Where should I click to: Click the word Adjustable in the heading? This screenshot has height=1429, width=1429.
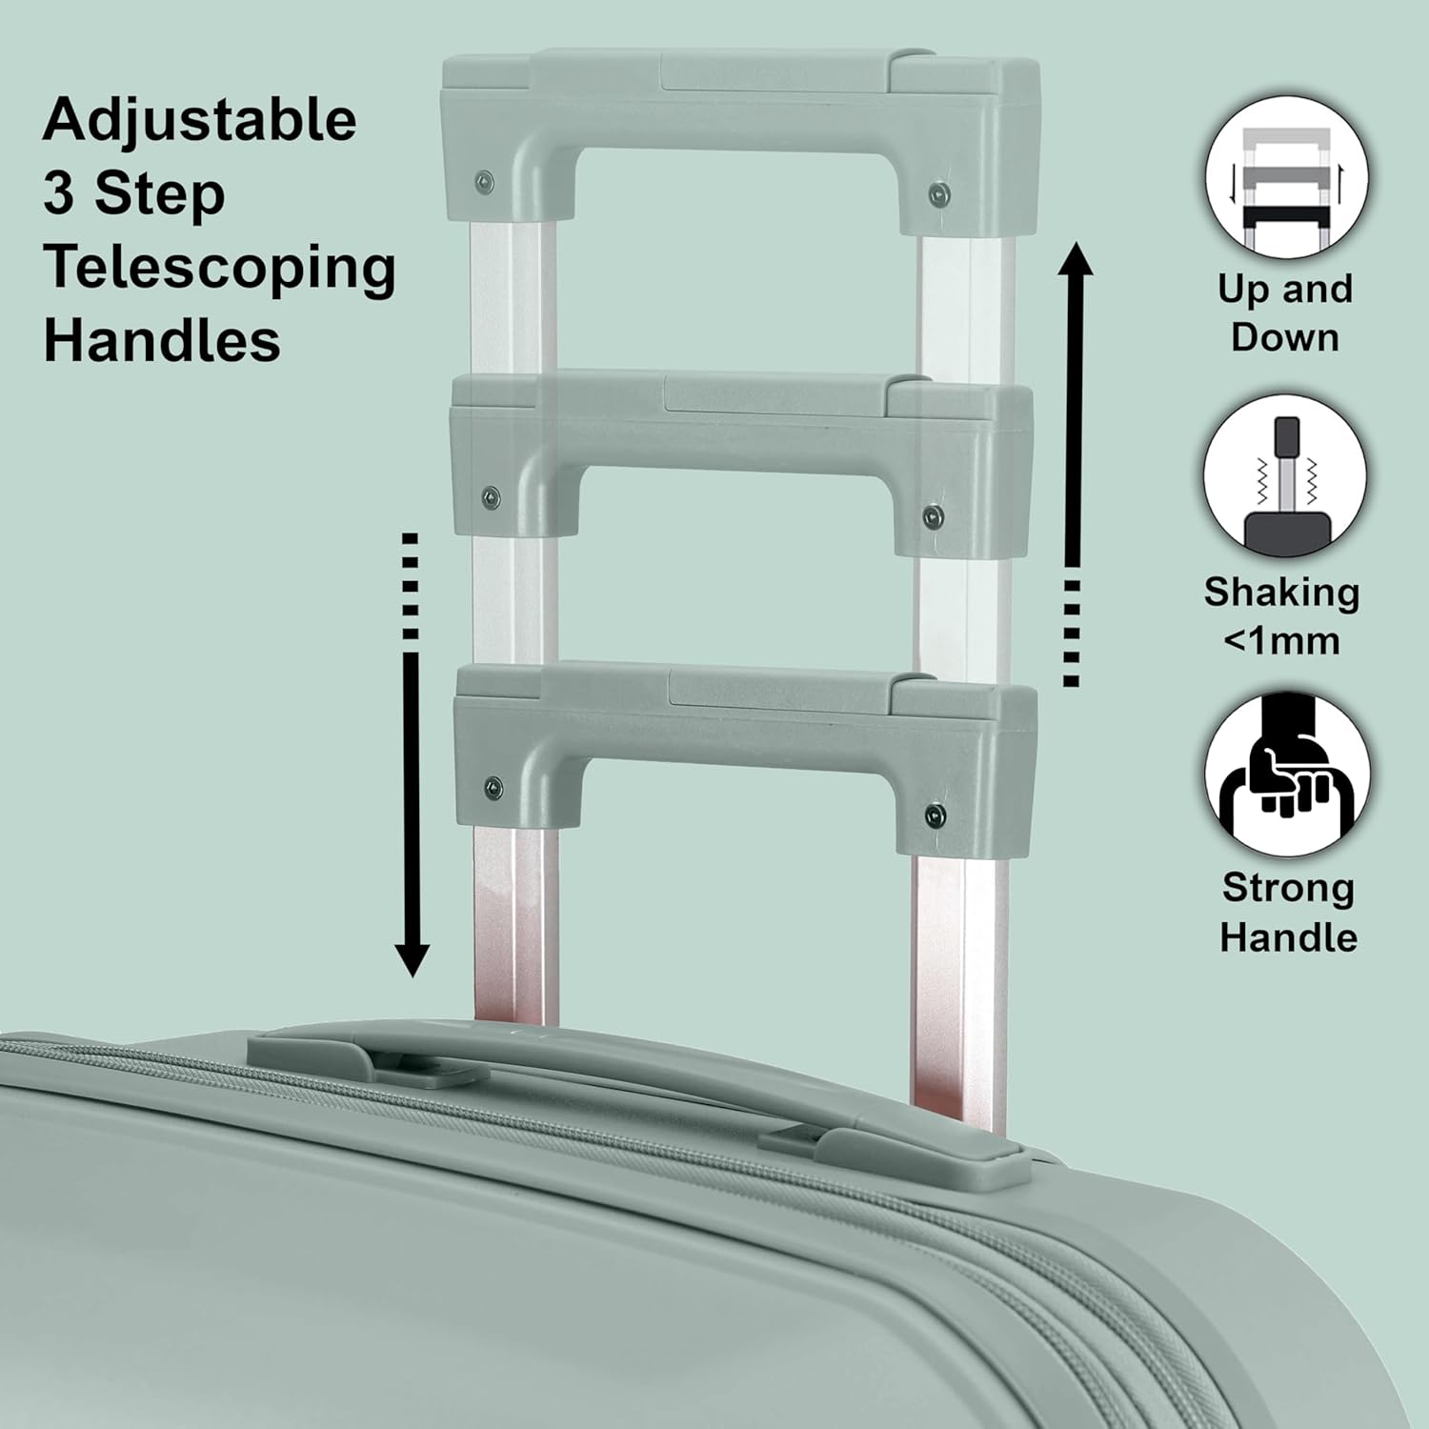[x=200, y=121]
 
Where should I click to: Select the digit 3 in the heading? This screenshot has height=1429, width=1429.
[x=58, y=193]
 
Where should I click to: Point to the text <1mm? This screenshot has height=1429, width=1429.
[x=1281, y=641]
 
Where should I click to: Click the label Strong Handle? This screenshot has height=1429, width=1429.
[x=1288, y=913]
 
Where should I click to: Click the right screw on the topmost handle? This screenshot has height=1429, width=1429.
[x=939, y=194]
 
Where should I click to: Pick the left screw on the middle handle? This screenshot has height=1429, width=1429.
[x=491, y=495]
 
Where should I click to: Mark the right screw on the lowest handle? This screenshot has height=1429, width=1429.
[x=936, y=815]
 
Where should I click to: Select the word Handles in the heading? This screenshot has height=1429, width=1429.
[x=162, y=340]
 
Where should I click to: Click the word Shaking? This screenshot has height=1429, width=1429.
[x=1281, y=593]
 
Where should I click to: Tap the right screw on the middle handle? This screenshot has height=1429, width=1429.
[x=934, y=516]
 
